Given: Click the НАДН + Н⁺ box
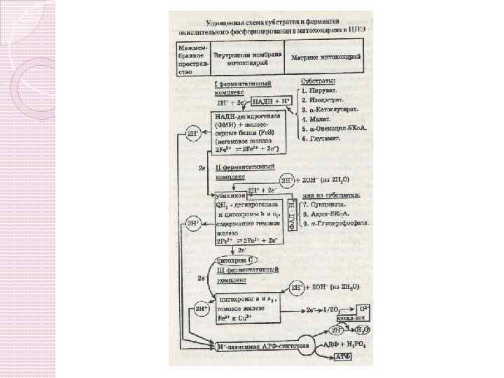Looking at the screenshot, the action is pyautogui.click(x=272, y=100).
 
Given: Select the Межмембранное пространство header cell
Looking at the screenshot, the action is pyautogui.click(x=191, y=58).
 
